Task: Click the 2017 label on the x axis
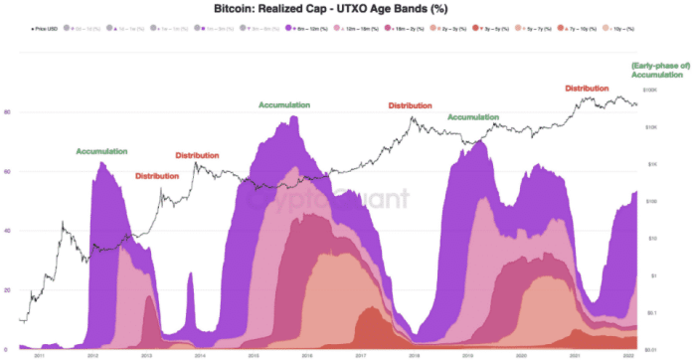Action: tap(363, 355)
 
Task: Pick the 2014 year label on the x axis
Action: tap(200, 355)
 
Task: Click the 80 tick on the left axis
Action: tap(7, 111)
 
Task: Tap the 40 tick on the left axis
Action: tap(7, 231)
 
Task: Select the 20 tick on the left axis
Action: tap(7, 290)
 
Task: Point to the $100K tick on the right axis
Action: tap(651, 90)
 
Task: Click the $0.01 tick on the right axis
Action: tap(651, 349)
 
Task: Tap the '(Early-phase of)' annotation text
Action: tap(659, 66)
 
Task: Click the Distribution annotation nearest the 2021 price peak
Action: tap(587, 89)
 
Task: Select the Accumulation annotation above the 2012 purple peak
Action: tap(101, 151)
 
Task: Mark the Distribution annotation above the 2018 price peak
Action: tap(410, 105)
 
